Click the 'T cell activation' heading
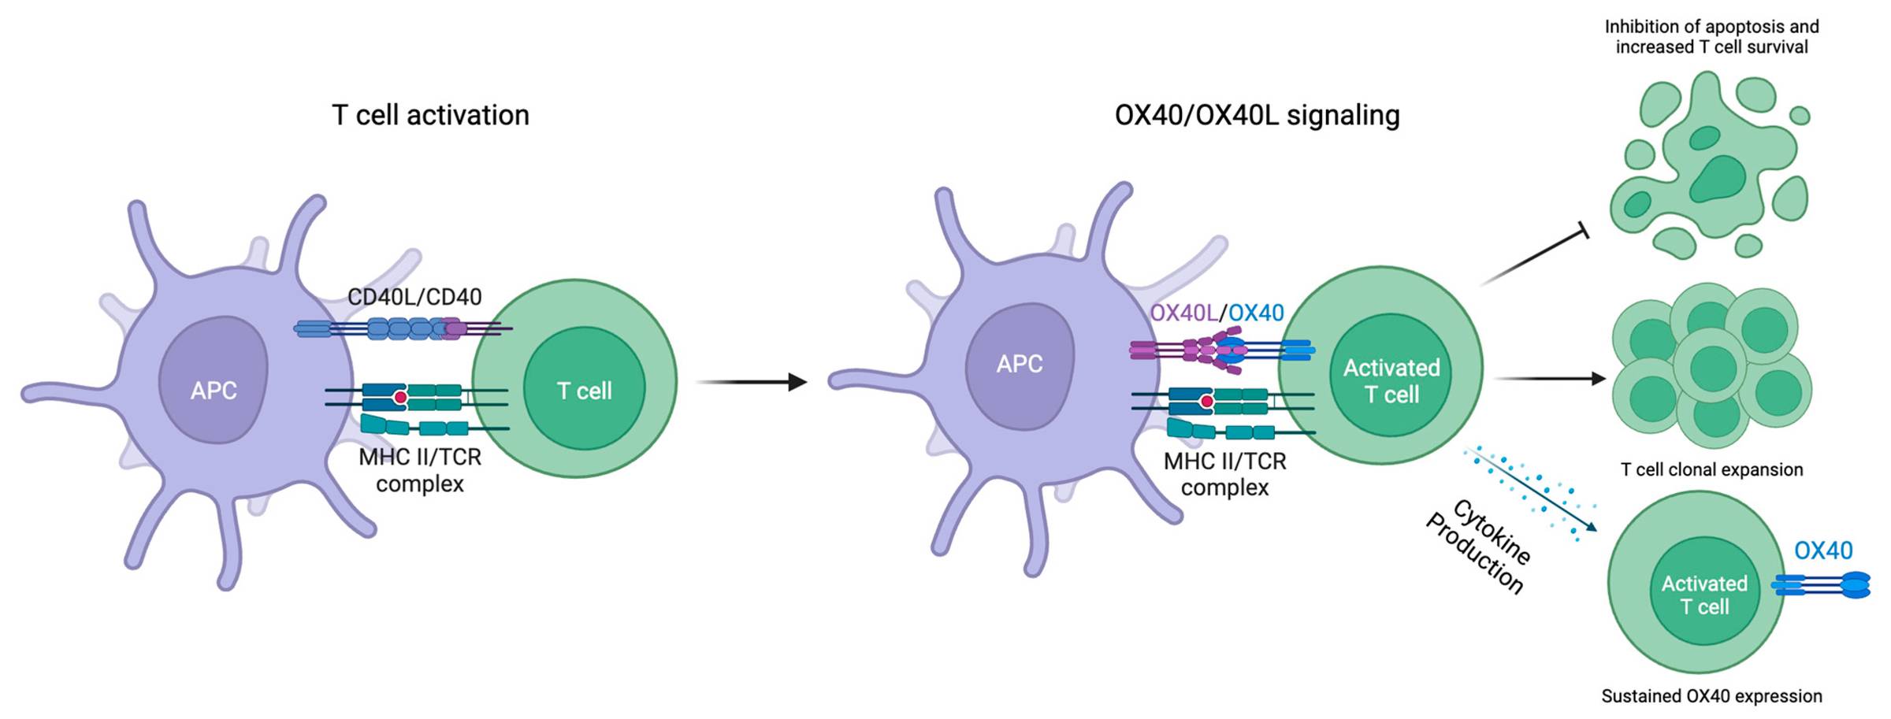430,115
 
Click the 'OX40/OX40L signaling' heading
1257,115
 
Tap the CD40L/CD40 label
414,297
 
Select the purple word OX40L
1183,313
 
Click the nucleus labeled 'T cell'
584,390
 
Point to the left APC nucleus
214,381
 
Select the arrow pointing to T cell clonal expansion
1549,379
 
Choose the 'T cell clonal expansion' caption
1711,469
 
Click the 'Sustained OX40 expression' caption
1711,696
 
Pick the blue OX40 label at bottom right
1823,550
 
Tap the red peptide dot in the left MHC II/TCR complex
400,398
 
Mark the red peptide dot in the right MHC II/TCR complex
1206,402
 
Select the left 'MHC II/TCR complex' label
420,470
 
